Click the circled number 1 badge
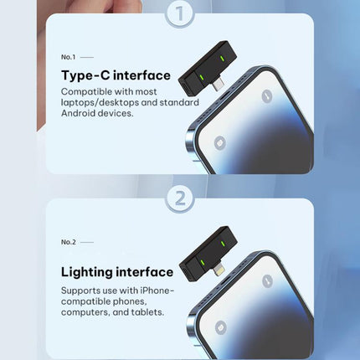pyautogui.click(x=180, y=13)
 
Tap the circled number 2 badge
pyautogui.click(x=180, y=198)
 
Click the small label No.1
pyautogui.click(x=69, y=57)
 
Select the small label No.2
pyautogui.click(x=69, y=242)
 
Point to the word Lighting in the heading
pyautogui.click(x=86, y=273)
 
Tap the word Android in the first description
pyautogui.click(x=77, y=113)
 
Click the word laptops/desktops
pyautogui.click(x=100, y=103)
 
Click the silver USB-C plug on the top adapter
pyautogui.click(x=219, y=85)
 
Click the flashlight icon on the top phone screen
pyautogui.click(x=267, y=96)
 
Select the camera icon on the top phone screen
pyautogui.click(x=220, y=143)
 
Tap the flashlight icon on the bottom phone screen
pyautogui.click(x=268, y=281)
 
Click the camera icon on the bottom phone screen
pyautogui.click(x=221, y=327)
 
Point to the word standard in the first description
pyautogui.click(x=179, y=102)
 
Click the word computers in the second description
pyautogui.click(x=85, y=312)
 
